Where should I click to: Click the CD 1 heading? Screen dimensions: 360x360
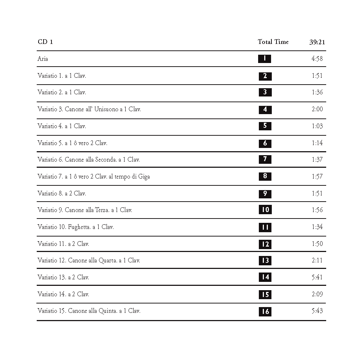click(45, 42)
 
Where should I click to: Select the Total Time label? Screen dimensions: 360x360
click(273, 42)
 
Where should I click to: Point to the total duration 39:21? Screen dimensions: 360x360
click(317, 42)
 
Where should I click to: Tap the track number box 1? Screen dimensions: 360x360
click(265, 59)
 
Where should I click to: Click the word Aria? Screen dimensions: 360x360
click(42, 59)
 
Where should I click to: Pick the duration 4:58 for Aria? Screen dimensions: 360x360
click(317, 59)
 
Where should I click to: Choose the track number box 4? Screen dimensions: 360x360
click(265, 109)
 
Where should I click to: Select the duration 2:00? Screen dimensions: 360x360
click(317, 109)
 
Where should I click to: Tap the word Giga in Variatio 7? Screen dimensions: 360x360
click(144, 176)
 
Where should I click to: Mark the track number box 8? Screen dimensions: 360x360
click(265, 176)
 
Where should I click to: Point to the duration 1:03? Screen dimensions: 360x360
click(317, 126)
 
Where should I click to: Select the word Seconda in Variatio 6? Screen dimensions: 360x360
click(106, 159)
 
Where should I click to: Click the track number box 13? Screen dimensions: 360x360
click(265, 260)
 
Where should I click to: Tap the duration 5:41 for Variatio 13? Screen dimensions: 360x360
click(317, 277)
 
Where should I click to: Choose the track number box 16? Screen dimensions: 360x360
click(265, 311)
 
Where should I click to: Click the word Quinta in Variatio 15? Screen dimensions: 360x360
click(108, 311)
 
